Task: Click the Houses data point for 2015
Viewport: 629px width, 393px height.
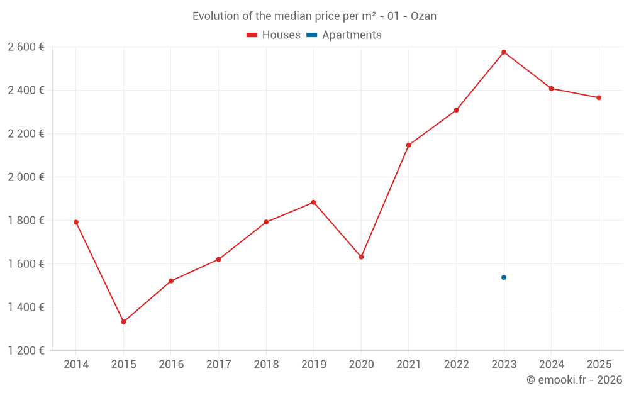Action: coord(123,322)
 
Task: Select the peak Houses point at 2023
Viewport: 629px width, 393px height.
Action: coord(504,52)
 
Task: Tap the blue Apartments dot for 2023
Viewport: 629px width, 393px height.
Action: coord(504,277)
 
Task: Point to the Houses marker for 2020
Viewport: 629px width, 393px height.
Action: coord(361,257)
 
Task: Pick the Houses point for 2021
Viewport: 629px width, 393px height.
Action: coord(409,145)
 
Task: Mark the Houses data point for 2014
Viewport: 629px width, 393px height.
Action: coord(76,222)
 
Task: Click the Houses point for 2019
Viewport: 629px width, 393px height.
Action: coord(314,202)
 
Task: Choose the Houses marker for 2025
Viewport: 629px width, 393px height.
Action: coord(599,97)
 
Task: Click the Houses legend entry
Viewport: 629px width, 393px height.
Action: coord(274,35)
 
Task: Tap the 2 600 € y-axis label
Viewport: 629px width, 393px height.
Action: coord(26,47)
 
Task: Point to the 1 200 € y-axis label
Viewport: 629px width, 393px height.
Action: coord(26,350)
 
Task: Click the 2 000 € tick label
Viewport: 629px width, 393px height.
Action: coord(26,177)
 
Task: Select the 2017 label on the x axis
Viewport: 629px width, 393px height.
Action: coord(218,365)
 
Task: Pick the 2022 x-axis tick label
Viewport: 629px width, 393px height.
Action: coord(456,365)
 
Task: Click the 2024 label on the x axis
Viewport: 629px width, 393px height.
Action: coord(551,365)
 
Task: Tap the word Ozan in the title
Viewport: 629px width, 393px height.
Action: coord(423,16)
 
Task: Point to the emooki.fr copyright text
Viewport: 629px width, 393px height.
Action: coord(574,380)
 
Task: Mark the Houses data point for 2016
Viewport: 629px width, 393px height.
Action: coord(171,281)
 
